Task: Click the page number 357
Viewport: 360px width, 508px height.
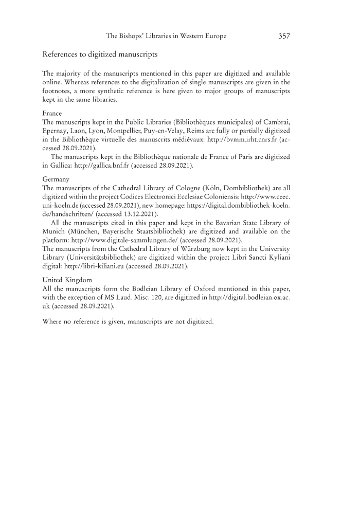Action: (x=284, y=37)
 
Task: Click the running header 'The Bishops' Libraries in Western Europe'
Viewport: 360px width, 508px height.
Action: (x=166, y=37)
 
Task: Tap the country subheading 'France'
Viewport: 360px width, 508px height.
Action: (x=51, y=113)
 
